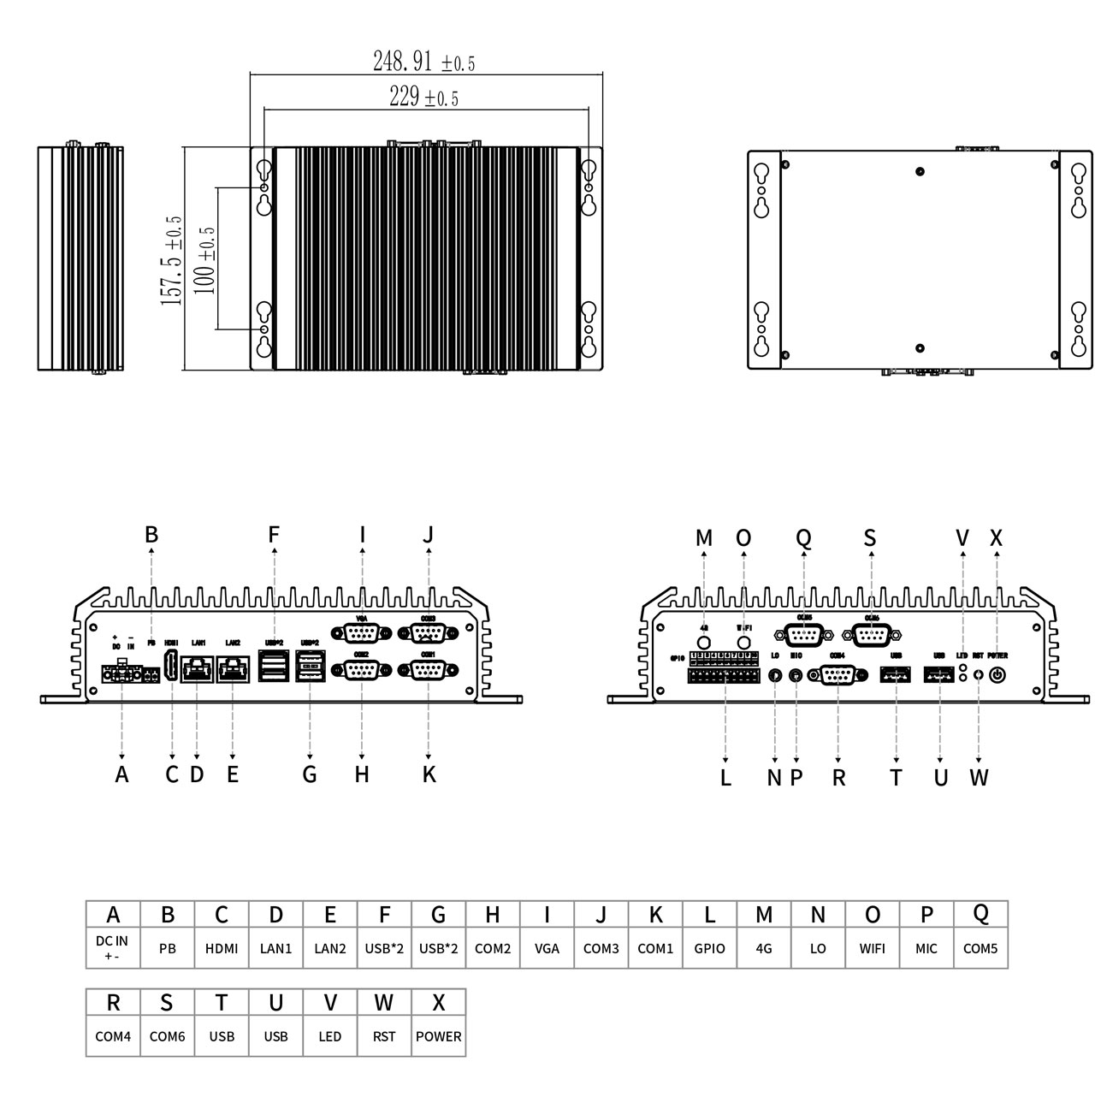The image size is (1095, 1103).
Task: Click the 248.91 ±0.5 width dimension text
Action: [x=423, y=62]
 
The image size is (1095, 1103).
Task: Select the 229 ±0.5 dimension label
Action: [x=423, y=98]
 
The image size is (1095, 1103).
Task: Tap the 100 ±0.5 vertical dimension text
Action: [x=204, y=260]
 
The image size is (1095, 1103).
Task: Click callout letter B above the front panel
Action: [x=151, y=535]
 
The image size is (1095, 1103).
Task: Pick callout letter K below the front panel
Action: [x=429, y=774]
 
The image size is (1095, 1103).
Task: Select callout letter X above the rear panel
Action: [x=996, y=538]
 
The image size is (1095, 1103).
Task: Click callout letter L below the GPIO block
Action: [x=725, y=778]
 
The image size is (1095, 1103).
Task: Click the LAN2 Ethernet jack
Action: [x=233, y=669]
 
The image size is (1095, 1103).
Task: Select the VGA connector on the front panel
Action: [x=363, y=634]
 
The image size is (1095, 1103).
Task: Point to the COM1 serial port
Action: [x=429, y=669]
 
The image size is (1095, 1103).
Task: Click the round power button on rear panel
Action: [x=997, y=675]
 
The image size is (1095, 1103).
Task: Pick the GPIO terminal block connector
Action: [x=724, y=675]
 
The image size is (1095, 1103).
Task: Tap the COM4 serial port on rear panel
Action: [x=838, y=675]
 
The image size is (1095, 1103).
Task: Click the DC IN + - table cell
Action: [x=113, y=948]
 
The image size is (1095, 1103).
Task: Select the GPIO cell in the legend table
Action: [x=709, y=948]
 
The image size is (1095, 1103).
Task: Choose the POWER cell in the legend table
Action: [x=438, y=1036]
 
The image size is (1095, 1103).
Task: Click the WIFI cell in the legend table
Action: [x=872, y=948]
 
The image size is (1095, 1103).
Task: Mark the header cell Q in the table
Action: [x=980, y=914]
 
